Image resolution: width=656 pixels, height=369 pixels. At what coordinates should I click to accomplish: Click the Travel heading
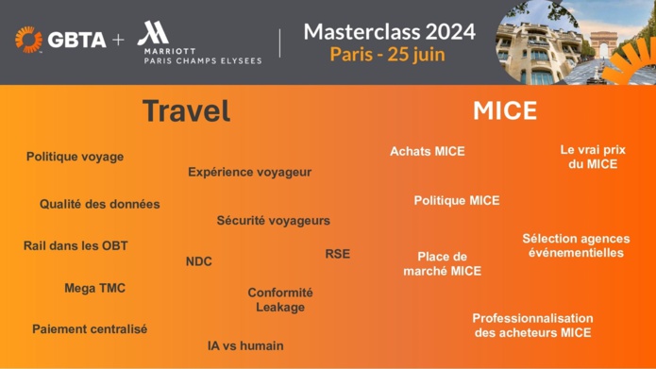(x=186, y=110)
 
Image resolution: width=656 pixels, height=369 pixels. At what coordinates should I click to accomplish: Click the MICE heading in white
(x=504, y=110)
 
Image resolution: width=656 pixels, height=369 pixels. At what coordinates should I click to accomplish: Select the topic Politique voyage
(x=75, y=157)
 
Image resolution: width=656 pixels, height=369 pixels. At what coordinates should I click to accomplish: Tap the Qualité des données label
(x=99, y=204)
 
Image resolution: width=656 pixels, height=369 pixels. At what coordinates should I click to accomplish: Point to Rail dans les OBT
(x=76, y=246)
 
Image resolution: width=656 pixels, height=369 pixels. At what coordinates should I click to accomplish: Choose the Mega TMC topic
(x=94, y=288)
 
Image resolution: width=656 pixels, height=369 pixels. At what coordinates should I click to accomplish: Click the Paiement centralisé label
(x=90, y=329)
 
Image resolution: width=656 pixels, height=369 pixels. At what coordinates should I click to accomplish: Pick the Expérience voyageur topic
(x=249, y=172)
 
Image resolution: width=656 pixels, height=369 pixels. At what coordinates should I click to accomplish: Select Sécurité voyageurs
(x=273, y=221)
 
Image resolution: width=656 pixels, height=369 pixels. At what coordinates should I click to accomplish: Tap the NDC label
(x=198, y=261)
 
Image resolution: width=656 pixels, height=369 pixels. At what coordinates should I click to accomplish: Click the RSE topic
(x=337, y=254)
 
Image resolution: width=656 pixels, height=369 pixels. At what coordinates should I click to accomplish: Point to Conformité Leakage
(x=280, y=300)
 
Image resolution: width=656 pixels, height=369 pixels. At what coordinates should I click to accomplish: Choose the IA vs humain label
(x=244, y=345)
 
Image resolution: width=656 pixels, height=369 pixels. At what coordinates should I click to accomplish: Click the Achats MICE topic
(x=428, y=151)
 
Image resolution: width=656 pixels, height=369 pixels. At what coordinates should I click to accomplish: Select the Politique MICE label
(x=457, y=200)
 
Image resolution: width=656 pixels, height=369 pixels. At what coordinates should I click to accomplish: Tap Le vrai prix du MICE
(x=593, y=157)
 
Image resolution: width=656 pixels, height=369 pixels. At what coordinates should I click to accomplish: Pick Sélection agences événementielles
(x=575, y=245)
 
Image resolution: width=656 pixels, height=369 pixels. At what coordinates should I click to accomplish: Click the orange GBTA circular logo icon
(x=28, y=40)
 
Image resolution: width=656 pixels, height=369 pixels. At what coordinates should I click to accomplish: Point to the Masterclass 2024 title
(x=389, y=31)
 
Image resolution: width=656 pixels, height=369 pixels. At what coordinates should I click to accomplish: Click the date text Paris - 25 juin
(x=388, y=54)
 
